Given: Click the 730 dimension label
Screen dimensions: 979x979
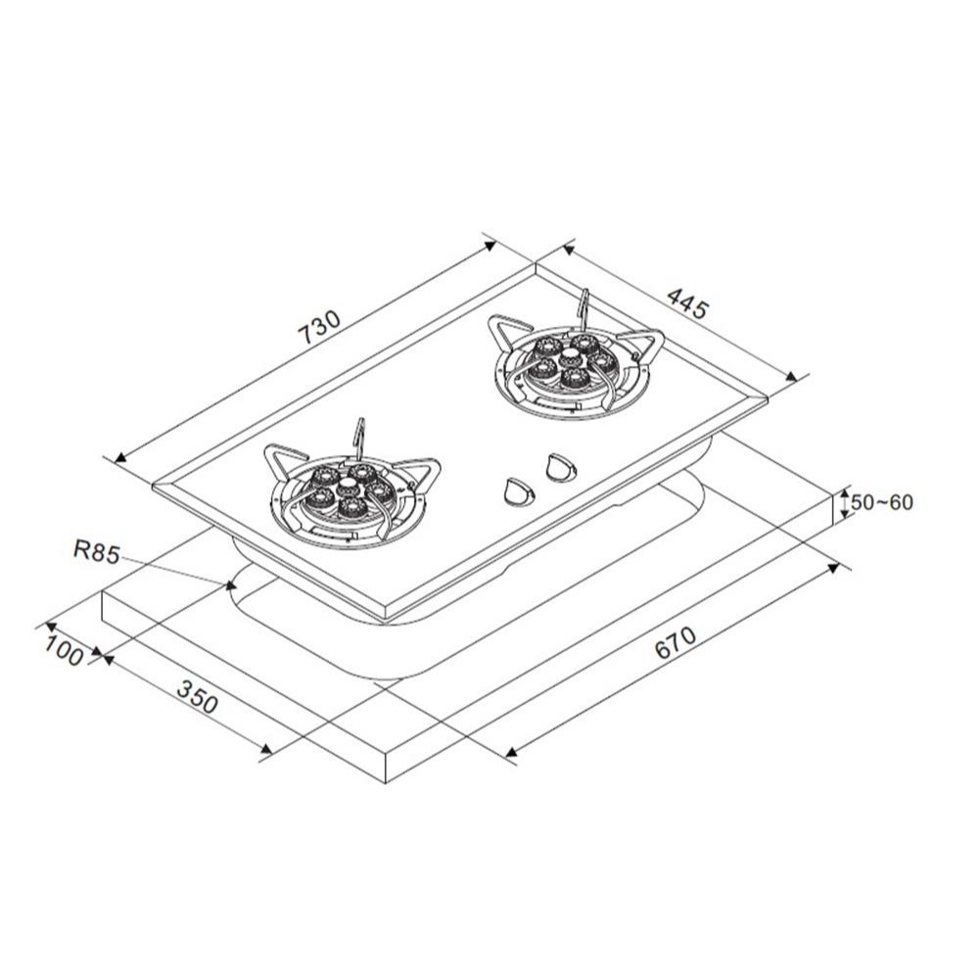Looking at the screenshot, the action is (x=320, y=327).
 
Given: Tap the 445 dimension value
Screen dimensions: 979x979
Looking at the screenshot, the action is (x=688, y=302).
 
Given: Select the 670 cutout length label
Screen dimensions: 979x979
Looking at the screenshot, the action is (x=675, y=642).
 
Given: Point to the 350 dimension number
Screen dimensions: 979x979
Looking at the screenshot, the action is (x=198, y=696).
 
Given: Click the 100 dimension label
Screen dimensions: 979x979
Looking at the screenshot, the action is (x=64, y=651).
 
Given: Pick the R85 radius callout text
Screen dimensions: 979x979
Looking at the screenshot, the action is (x=96, y=552).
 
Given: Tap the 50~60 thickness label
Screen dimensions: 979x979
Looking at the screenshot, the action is (x=882, y=502).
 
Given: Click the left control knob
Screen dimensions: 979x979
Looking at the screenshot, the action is (x=518, y=490).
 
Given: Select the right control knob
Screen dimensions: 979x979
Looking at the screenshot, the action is (x=561, y=467).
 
